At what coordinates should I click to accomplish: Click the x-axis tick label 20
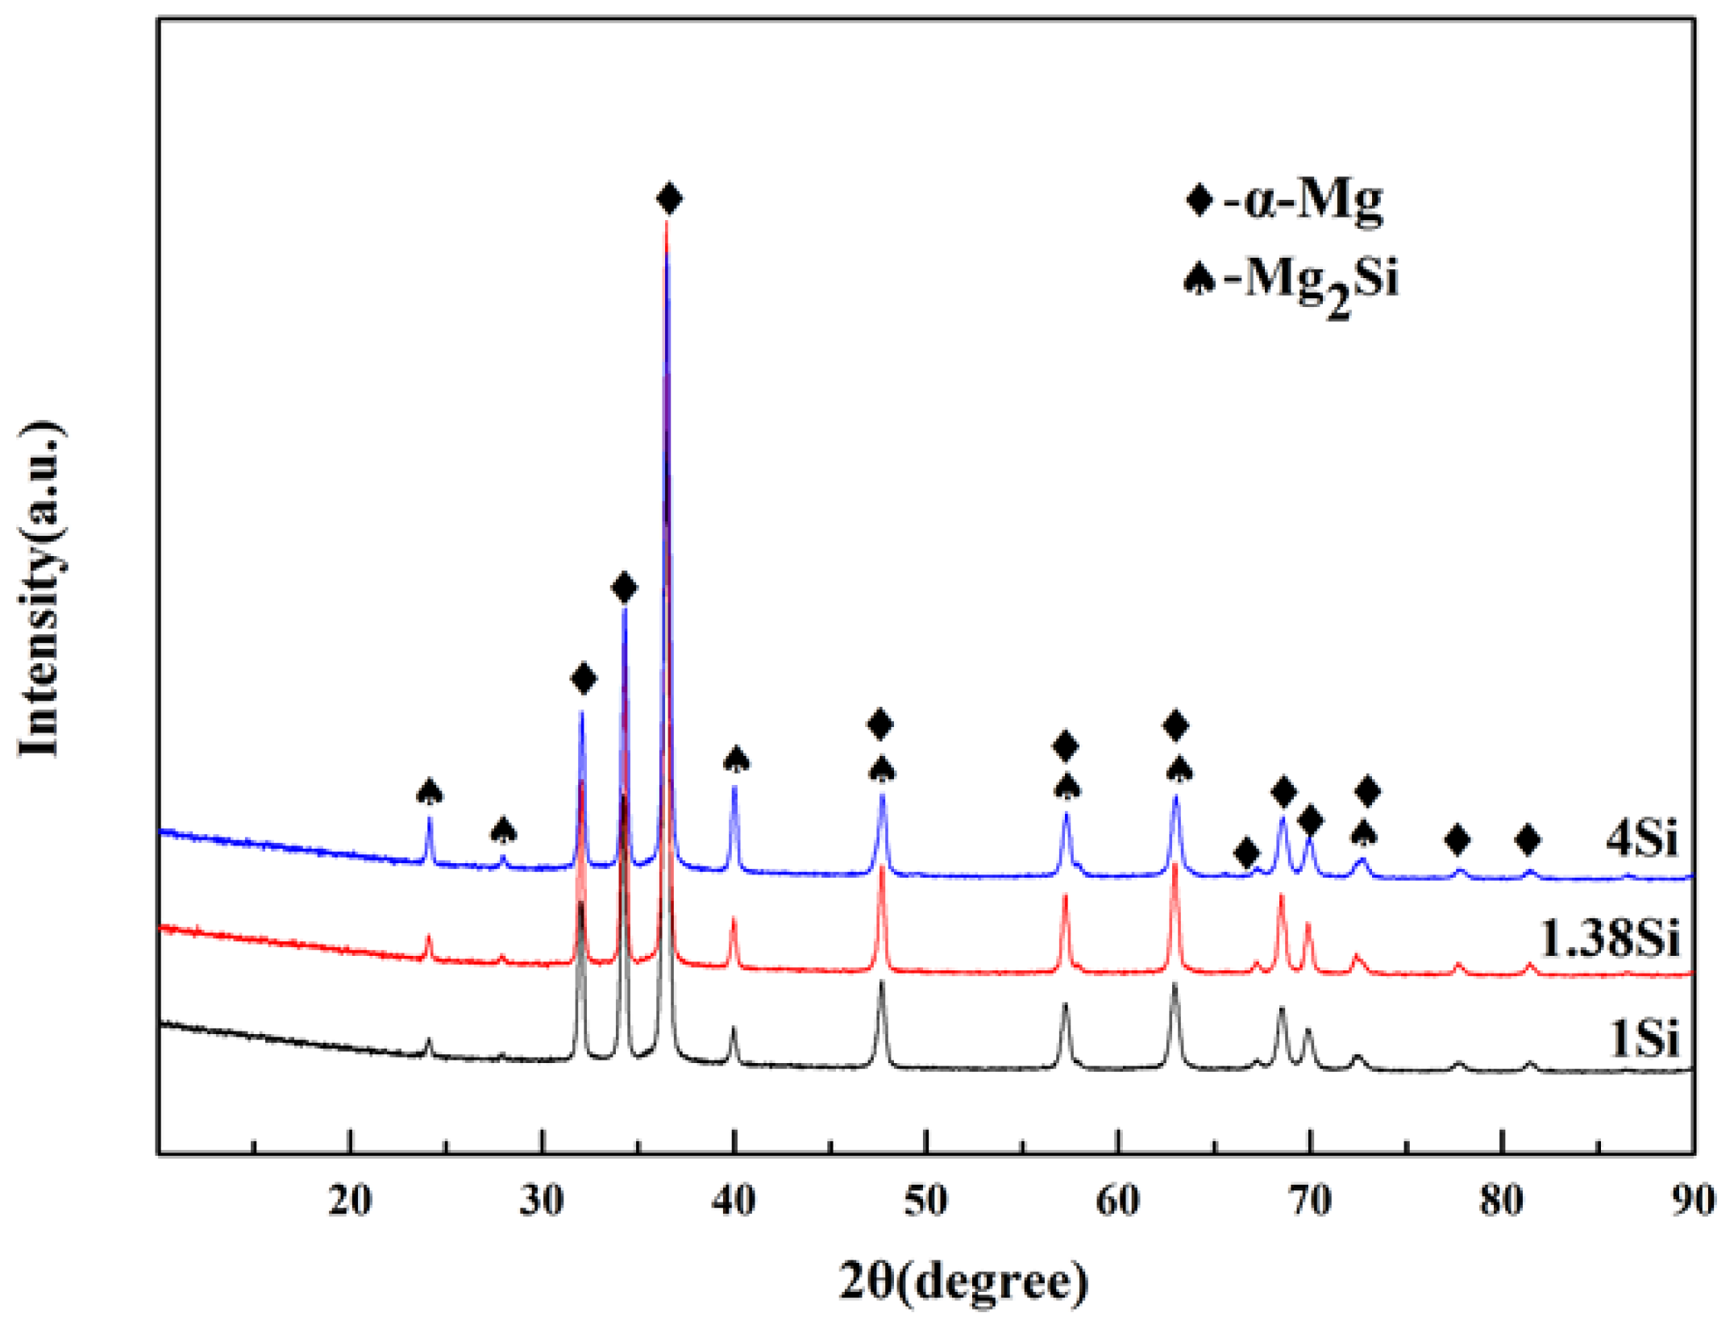(x=350, y=1202)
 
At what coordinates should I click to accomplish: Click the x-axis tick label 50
(x=925, y=1202)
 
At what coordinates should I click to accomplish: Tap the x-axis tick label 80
(x=1502, y=1202)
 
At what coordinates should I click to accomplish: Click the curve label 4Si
(x=1641, y=838)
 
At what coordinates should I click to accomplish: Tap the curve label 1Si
(x=1643, y=1038)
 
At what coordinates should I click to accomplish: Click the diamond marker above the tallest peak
(x=669, y=198)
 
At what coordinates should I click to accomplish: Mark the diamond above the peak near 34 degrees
(x=624, y=588)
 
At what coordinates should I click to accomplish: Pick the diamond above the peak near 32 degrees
(x=583, y=679)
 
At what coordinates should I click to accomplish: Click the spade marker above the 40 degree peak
(x=736, y=759)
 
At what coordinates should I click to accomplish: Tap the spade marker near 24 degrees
(x=430, y=791)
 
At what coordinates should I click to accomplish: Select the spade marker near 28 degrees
(x=504, y=829)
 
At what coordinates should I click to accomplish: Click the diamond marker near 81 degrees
(x=1528, y=841)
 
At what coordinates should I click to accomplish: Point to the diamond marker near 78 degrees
(x=1457, y=841)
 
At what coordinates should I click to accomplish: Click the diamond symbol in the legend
(x=1200, y=199)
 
